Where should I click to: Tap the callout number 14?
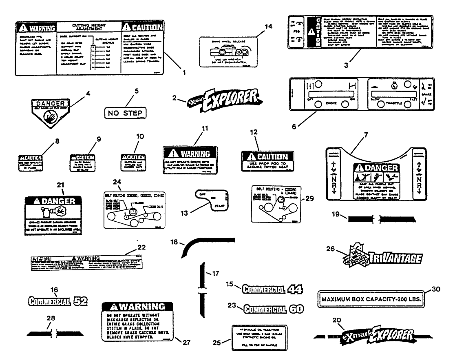coord(256,27)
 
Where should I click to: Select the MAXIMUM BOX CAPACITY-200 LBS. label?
coord(371,299)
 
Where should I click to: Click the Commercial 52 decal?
coord(58,302)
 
